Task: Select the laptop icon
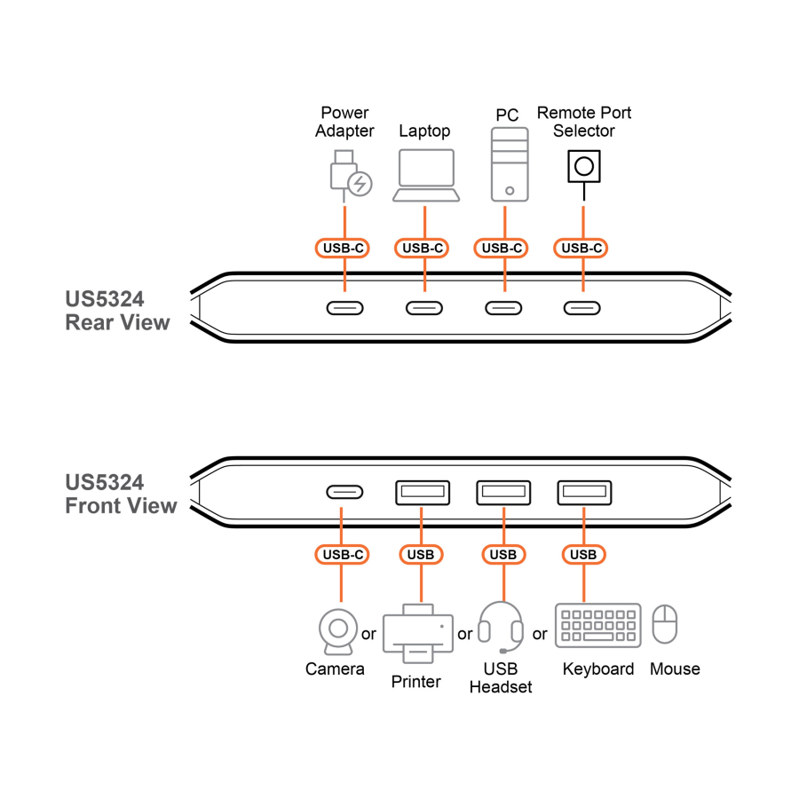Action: [x=426, y=175]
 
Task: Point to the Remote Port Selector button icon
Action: [x=583, y=167]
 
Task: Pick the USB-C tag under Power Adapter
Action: [x=343, y=249]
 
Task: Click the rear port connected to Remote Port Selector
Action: [x=582, y=308]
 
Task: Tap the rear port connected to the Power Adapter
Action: [x=344, y=308]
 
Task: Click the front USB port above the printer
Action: [x=423, y=492]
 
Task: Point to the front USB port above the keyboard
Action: [x=584, y=492]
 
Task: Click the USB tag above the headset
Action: [x=503, y=555]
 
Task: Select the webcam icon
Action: [x=338, y=631]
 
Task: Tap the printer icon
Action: [x=417, y=633]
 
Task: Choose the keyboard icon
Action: [x=598, y=626]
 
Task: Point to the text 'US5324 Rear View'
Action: [x=117, y=311]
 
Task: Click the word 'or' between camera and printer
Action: [x=368, y=634]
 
